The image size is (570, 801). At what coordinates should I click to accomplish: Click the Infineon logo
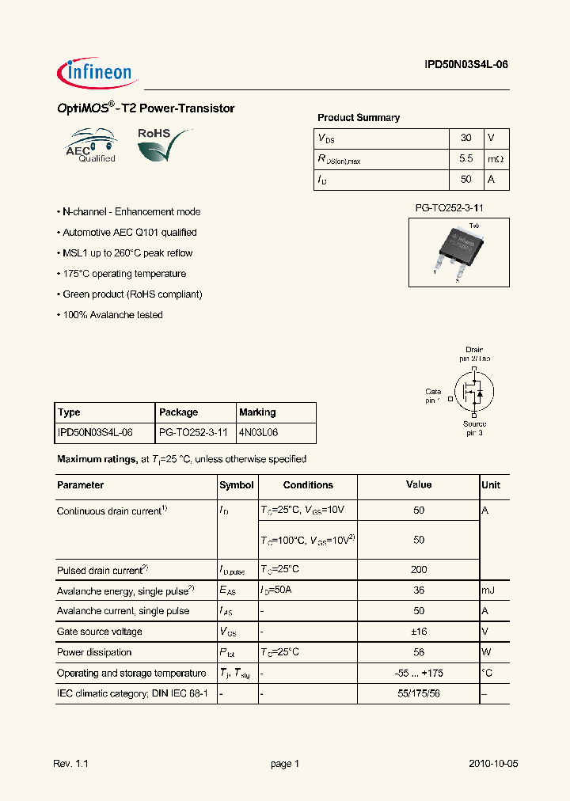pyautogui.click(x=97, y=73)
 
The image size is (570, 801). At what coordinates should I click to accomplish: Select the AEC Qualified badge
pyautogui.click(x=91, y=146)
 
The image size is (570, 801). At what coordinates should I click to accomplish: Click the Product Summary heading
pyautogui.click(x=359, y=118)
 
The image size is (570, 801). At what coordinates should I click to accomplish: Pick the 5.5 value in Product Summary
pyautogui.click(x=465, y=159)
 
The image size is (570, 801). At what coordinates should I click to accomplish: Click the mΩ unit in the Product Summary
pyautogui.click(x=496, y=159)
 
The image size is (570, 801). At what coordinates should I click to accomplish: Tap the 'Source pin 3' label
pyautogui.click(x=474, y=428)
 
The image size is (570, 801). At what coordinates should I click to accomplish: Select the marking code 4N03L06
pyautogui.click(x=258, y=433)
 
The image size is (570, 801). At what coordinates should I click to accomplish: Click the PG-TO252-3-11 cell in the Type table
pyautogui.click(x=193, y=433)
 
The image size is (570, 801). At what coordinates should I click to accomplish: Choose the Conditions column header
pyautogui.click(x=308, y=485)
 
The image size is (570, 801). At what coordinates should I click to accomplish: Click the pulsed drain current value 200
pyautogui.click(x=419, y=570)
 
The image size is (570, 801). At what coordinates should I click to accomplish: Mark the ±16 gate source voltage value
pyautogui.click(x=419, y=632)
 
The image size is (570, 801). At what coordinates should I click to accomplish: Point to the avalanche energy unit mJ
pyautogui.click(x=489, y=590)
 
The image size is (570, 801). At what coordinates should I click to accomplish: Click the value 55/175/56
pyautogui.click(x=419, y=693)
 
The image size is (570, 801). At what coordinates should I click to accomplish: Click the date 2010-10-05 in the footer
pyautogui.click(x=493, y=764)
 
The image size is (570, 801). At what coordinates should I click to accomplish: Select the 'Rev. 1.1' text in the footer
pyautogui.click(x=70, y=764)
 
